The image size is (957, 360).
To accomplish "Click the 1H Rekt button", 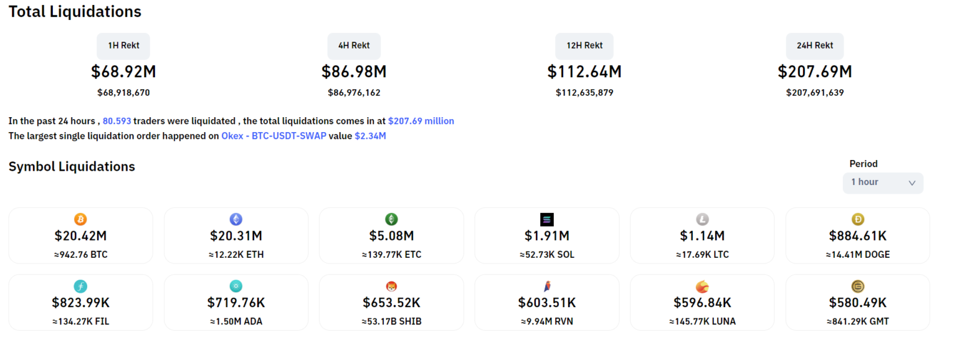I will [123, 45].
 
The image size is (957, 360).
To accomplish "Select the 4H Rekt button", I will [354, 45].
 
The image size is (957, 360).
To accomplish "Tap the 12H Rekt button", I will [584, 45].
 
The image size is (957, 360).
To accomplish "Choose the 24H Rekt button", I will [814, 45].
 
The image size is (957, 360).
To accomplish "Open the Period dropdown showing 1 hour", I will [882, 182].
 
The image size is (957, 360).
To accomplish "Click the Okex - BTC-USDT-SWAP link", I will [274, 136].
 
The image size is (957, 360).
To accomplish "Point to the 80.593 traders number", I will [117, 121].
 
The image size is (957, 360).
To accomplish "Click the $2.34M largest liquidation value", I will [370, 136].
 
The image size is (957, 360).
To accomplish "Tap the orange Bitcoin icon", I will [80, 219].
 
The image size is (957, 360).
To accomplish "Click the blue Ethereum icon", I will [236, 219].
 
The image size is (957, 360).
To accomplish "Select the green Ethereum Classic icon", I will [391, 219].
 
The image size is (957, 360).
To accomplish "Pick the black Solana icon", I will [546, 219].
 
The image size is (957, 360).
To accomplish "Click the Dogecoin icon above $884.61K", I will [858, 219].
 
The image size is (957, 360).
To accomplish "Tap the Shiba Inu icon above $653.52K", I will [391, 287].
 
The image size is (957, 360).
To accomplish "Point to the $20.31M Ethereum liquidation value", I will [236, 236].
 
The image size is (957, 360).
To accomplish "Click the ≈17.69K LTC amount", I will [702, 255].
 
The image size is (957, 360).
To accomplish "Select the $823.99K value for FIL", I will [80, 303].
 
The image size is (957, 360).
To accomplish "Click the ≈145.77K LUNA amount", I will [702, 322].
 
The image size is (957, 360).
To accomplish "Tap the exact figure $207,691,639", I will [814, 93].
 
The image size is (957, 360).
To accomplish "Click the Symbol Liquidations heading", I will [72, 167].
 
